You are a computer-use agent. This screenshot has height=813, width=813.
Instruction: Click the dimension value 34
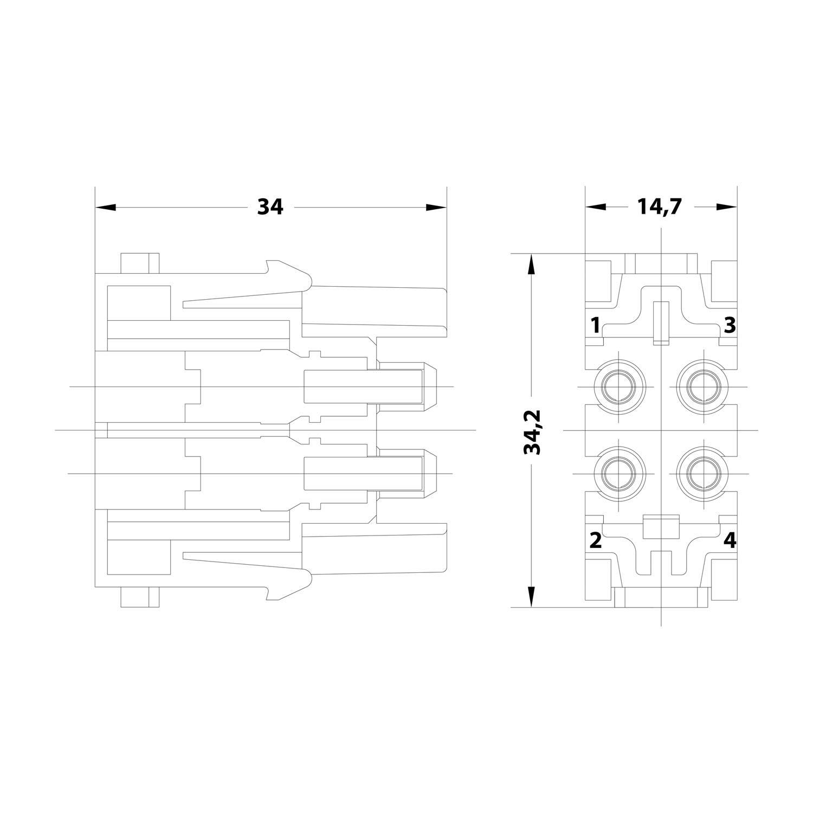click(270, 207)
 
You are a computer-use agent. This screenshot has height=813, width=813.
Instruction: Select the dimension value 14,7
click(661, 207)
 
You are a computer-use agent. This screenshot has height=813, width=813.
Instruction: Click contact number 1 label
click(595, 326)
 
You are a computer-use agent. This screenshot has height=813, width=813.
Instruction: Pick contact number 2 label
click(595, 540)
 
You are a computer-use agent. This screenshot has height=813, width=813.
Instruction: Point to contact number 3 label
click(730, 325)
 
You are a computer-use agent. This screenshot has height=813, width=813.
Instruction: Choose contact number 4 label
click(730, 540)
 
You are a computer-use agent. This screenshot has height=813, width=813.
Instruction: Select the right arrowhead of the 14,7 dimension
click(727, 207)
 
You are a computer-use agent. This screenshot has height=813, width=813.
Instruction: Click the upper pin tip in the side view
click(431, 386)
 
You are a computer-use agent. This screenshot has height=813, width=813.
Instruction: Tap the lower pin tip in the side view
click(431, 474)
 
